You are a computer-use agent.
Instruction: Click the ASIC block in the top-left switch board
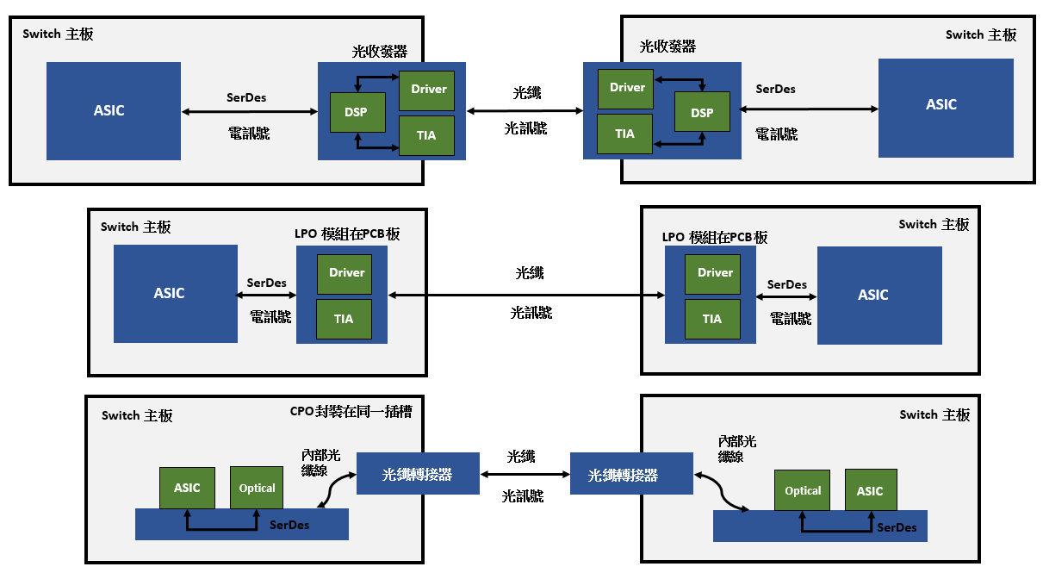coord(113,110)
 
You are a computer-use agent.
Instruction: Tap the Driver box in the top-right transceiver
coord(627,88)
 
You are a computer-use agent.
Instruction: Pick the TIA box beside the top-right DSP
coord(624,134)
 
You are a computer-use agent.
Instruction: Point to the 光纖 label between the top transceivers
coord(526,92)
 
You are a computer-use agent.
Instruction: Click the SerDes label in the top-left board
coord(245,97)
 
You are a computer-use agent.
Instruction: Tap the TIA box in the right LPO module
coord(712,319)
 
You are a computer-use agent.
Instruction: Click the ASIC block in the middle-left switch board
coord(175,293)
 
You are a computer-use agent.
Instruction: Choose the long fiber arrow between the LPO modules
coord(526,295)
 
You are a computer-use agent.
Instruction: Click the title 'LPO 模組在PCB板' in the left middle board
coord(347,234)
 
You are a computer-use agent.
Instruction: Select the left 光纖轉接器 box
coord(418,474)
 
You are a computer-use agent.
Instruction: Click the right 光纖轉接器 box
coord(631,475)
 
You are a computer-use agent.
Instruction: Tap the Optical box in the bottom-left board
coord(257,488)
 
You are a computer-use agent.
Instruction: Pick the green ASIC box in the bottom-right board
coord(870,490)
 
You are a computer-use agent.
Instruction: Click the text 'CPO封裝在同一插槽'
coord(351,412)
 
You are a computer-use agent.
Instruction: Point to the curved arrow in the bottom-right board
coord(722,492)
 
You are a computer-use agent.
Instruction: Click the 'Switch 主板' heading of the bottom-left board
coord(137,415)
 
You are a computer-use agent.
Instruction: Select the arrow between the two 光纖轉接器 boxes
coord(525,475)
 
